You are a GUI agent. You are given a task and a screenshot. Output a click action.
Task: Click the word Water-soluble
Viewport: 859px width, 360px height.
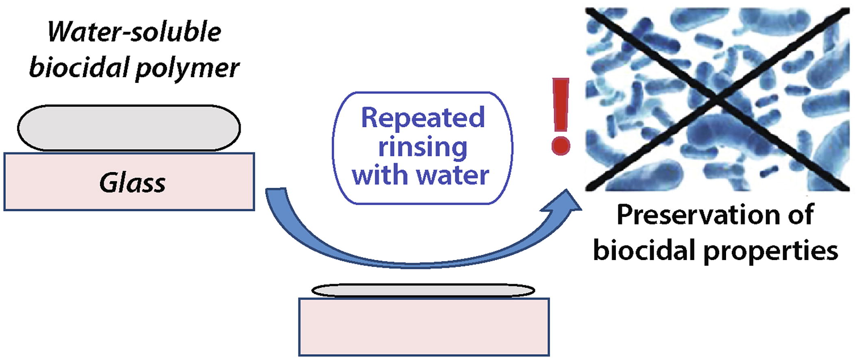pos(135,33)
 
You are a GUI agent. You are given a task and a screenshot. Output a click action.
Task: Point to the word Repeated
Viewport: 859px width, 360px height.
pos(423,118)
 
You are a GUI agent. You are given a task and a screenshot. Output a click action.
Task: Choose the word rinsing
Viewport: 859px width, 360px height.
pos(423,147)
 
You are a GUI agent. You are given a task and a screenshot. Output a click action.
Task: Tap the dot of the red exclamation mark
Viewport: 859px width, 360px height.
pos(561,145)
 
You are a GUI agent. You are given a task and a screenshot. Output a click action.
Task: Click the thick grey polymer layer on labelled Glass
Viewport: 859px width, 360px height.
pos(129,128)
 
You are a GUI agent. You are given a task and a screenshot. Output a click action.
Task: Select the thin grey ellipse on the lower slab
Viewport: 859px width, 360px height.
pos(423,290)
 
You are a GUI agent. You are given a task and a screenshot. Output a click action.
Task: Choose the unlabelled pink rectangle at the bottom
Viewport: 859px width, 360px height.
pos(424,327)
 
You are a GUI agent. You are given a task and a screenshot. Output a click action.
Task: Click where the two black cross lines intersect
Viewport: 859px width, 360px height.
pos(717,98)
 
